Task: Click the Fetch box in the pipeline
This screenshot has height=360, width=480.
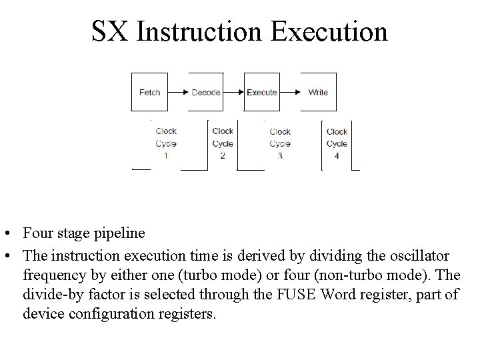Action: click(x=149, y=92)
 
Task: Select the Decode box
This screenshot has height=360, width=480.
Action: click(x=205, y=92)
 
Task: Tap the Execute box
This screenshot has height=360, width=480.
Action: click(x=261, y=92)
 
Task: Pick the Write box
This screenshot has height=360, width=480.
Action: click(x=318, y=92)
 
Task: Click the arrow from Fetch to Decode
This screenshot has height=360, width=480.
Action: click(x=177, y=92)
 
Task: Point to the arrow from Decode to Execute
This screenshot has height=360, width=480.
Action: click(x=233, y=92)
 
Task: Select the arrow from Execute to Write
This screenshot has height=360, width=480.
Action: click(x=289, y=92)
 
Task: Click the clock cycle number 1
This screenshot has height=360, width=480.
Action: click(x=165, y=155)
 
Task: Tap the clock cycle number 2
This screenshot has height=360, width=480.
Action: click(x=222, y=155)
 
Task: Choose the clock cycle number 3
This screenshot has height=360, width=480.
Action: click(x=280, y=155)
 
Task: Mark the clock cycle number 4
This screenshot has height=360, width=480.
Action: click(x=337, y=155)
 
